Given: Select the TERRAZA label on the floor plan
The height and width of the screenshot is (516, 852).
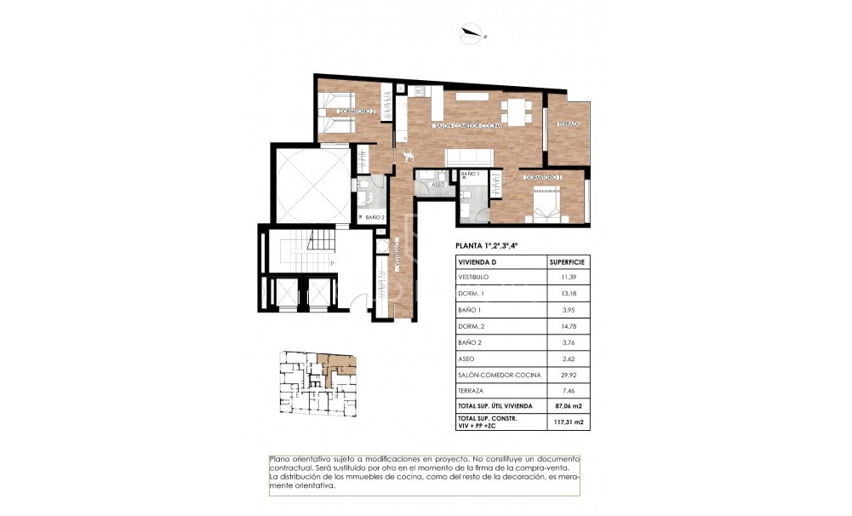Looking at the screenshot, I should [x=568, y=124].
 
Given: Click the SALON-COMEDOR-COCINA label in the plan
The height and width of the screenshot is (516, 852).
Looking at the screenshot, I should [x=468, y=125].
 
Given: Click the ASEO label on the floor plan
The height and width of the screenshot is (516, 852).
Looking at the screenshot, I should [x=437, y=184].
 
